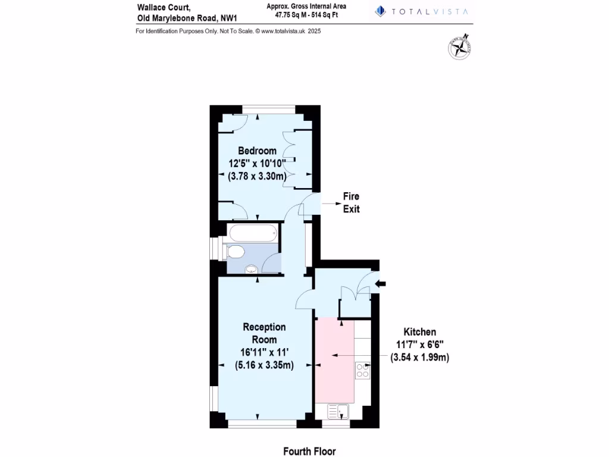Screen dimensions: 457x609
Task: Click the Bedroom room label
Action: tap(257, 151)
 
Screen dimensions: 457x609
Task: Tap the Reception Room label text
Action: tap(264, 333)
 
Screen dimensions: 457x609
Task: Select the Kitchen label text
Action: tap(420, 332)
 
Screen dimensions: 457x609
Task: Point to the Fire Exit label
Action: tap(351, 202)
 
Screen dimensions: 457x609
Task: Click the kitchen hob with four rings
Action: tap(362, 371)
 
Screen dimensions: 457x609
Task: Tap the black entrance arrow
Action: tap(381, 284)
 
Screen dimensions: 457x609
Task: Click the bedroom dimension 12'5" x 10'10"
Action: tap(257, 163)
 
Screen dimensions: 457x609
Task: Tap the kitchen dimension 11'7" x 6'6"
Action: tap(420, 345)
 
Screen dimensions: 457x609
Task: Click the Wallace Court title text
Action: tap(156, 8)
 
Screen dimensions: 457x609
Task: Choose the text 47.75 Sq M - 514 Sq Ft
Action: tap(307, 16)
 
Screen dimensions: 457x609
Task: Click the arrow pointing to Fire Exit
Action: tap(328, 203)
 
